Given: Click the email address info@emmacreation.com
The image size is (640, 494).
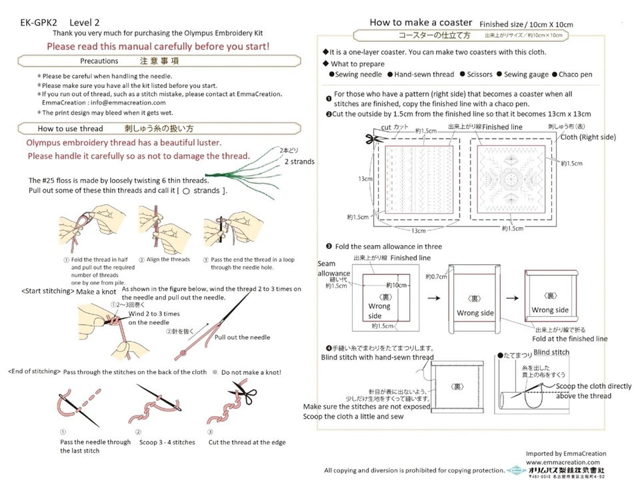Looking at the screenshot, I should (123, 103).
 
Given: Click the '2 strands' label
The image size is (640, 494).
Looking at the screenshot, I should (299, 162).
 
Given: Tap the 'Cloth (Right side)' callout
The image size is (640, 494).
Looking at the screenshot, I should (588, 137).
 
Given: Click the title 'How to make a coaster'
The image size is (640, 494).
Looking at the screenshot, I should (421, 23).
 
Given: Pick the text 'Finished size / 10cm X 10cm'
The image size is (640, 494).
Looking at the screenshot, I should (526, 25).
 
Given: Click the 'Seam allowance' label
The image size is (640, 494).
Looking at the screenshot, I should (334, 269).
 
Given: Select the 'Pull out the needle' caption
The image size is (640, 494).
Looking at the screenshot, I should (242, 338).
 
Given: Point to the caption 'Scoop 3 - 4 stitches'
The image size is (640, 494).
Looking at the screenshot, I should (166, 441).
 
